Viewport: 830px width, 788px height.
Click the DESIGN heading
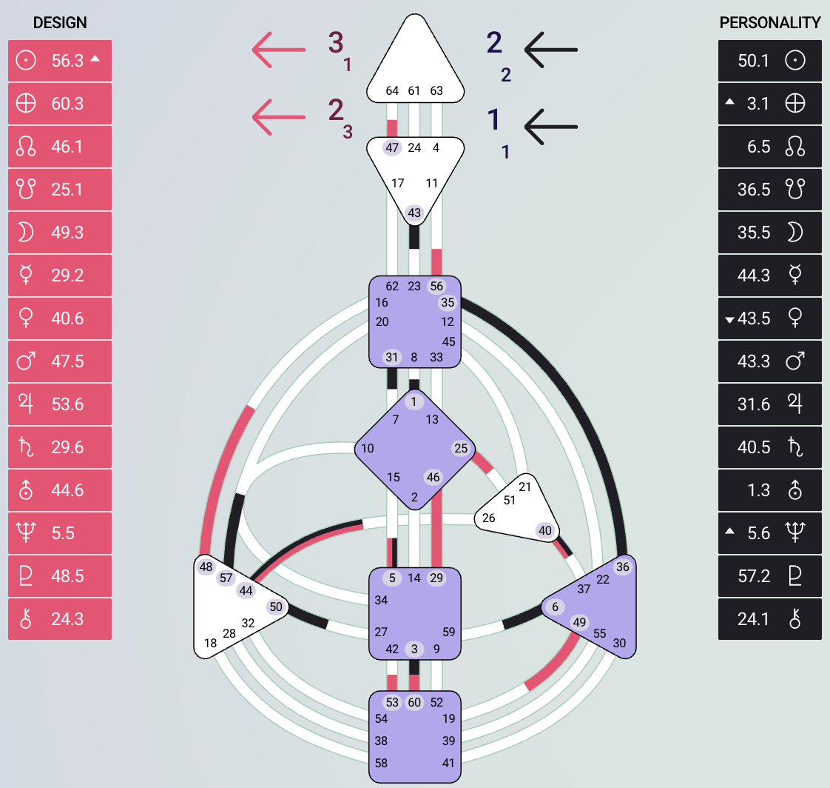60,23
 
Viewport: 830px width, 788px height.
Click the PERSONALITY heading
770,23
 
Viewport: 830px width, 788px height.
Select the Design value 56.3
67,61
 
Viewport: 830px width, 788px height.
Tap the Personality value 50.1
754,61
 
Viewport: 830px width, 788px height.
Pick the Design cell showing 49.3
67,233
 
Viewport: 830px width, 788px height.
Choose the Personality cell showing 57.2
754,576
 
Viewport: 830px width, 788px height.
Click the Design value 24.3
67,619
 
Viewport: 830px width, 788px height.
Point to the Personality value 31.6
754,404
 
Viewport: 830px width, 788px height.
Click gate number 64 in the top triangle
392,91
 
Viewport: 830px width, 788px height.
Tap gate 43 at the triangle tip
414,213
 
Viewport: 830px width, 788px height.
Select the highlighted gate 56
436,287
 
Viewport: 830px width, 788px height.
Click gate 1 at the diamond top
414,401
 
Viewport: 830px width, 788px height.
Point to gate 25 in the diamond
461,448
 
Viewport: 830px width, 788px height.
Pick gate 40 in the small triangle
545,530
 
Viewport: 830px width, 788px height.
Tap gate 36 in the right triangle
622,567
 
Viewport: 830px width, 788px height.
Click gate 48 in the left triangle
206,567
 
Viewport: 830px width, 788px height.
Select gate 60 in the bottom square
414,702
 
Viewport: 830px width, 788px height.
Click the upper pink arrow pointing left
278,50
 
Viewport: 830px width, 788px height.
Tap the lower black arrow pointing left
550,125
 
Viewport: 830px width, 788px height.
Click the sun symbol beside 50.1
795,61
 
